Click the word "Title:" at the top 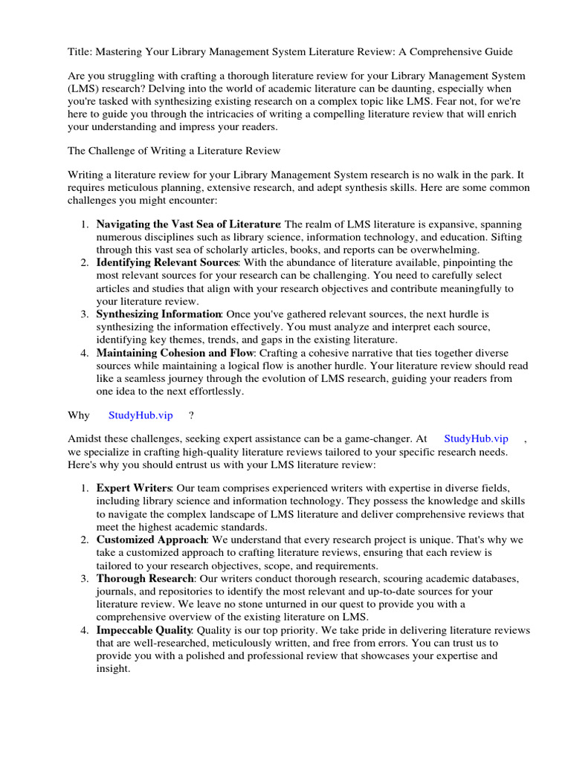tap(80, 52)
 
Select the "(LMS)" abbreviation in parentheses tap(85, 89)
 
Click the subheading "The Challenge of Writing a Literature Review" tap(174, 151)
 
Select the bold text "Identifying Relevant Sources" tap(167, 263)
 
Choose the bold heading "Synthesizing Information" tap(159, 314)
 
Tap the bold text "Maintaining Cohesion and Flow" tap(175, 353)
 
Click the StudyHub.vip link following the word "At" tap(476, 439)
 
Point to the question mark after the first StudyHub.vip tap(192, 415)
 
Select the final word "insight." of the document tap(113, 668)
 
